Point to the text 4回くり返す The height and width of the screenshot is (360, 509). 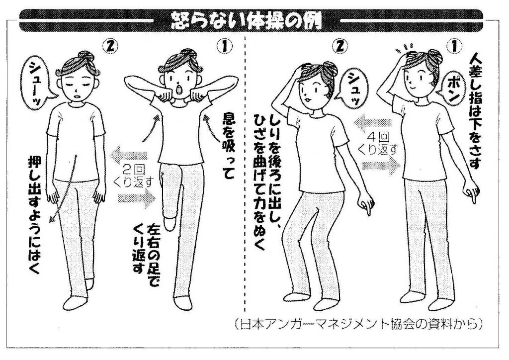click(x=378, y=144)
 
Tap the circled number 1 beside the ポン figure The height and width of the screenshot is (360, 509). click(x=454, y=47)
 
